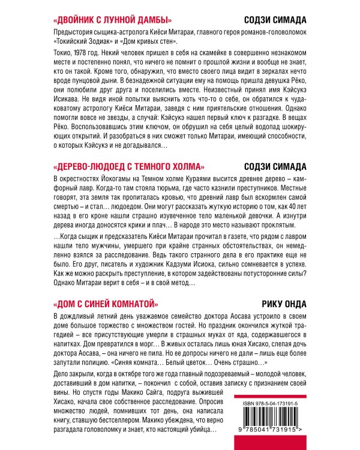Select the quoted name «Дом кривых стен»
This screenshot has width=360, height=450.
tap(148, 41)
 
